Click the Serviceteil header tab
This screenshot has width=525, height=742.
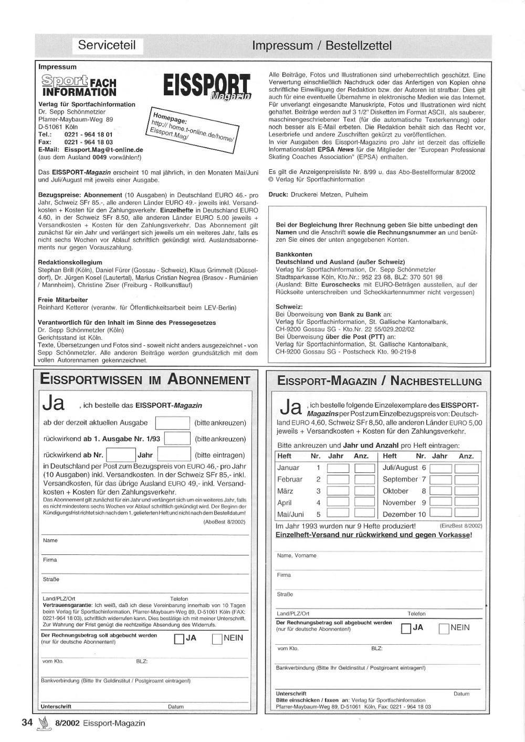tap(107, 45)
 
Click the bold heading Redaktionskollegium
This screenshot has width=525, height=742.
tap(70, 262)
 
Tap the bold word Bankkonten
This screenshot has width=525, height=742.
tap(294, 254)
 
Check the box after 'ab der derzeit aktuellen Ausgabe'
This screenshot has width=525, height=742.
tap(173, 422)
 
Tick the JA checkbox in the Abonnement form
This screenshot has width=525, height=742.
tap(178, 639)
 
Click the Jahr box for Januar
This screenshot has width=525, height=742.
tap(338, 468)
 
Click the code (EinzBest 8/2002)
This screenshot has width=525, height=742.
tap(460, 525)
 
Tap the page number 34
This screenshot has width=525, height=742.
tap(27, 723)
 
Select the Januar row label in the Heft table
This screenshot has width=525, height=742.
tap(288, 468)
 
